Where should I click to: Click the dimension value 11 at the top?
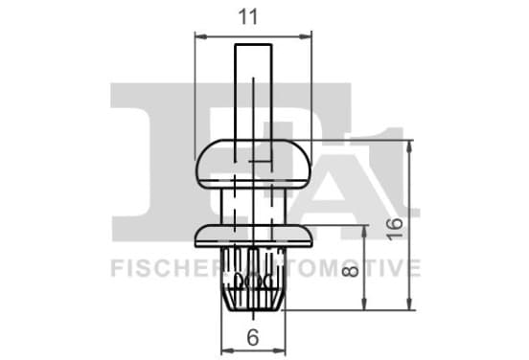(248, 17)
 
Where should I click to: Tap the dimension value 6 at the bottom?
(253, 337)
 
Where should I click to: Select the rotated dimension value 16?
(395, 229)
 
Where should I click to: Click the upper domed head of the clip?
(253, 164)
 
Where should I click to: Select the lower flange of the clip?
(253, 236)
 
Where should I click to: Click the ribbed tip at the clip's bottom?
(253, 280)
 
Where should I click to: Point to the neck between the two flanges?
(253, 206)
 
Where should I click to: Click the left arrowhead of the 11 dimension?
(200, 36)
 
